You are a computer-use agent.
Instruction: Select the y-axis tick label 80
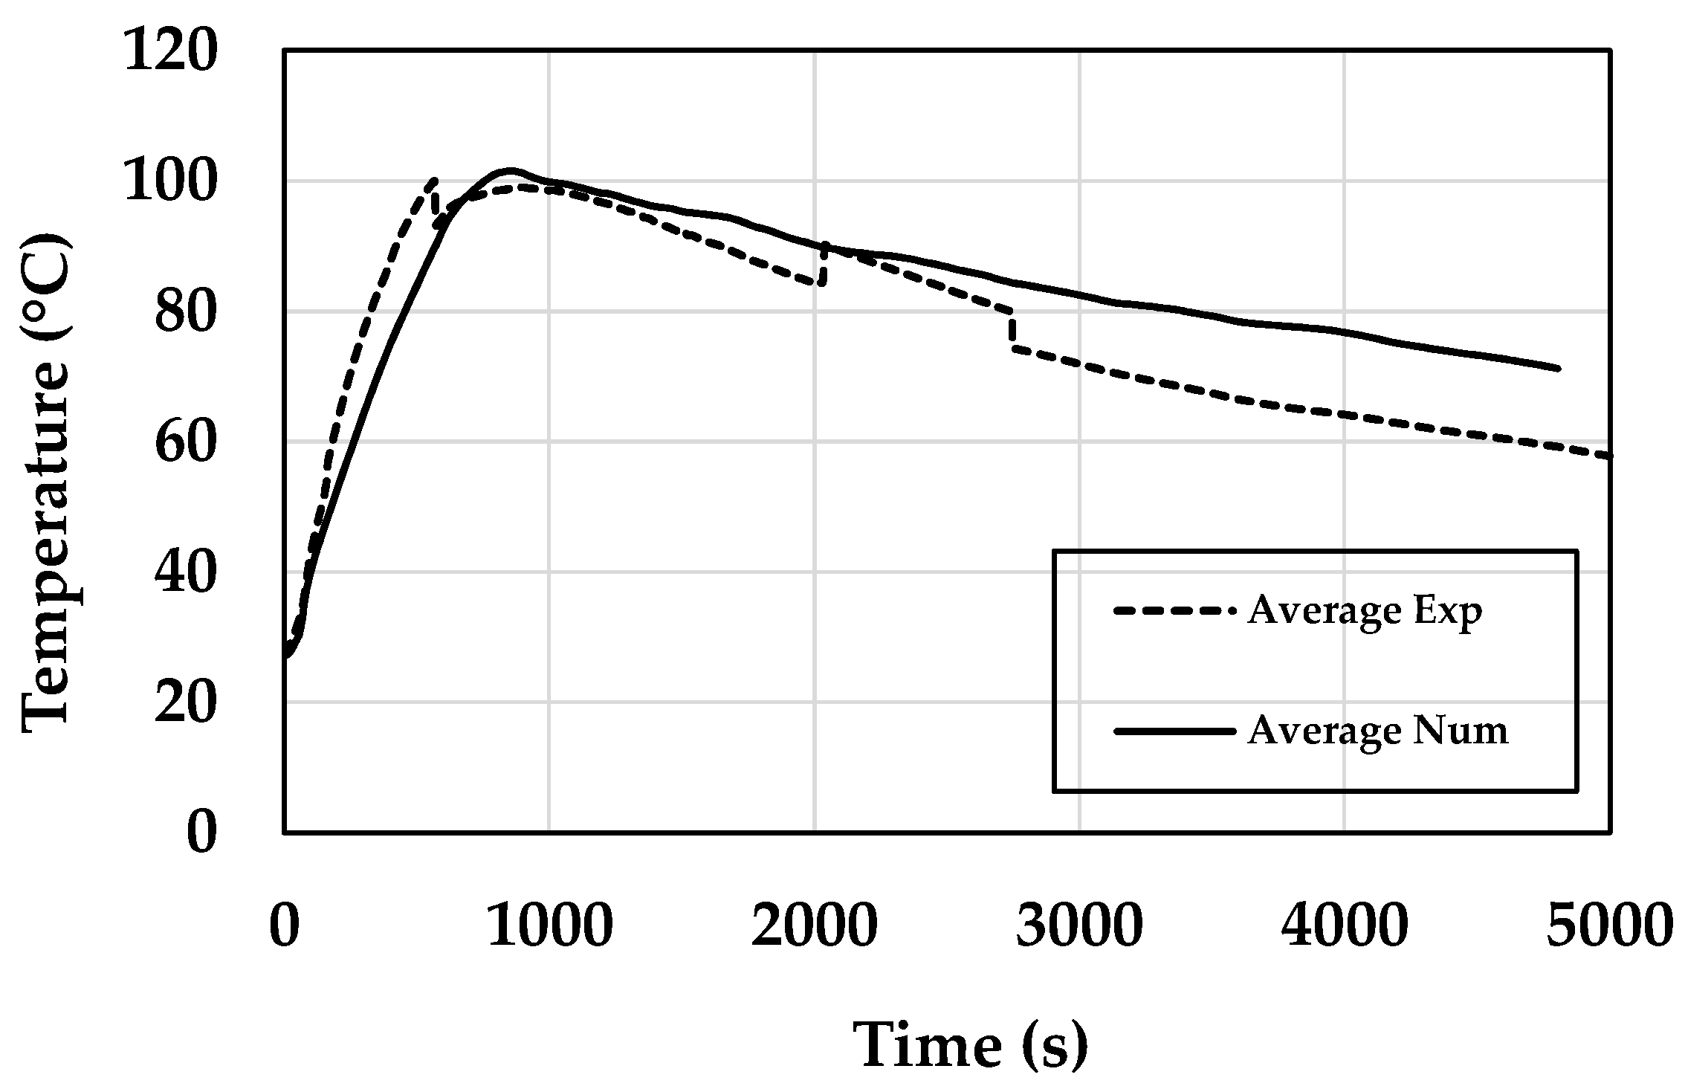click(186, 312)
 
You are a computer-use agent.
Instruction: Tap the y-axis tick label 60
click(186, 442)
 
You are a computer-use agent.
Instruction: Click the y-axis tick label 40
click(186, 572)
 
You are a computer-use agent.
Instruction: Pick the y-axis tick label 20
click(186, 702)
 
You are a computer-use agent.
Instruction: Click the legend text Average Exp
click(1365, 612)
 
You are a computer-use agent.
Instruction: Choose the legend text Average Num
click(1377, 731)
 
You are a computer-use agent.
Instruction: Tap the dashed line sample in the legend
click(1174, 611)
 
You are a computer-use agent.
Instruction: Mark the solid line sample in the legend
click(1174, 731)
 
